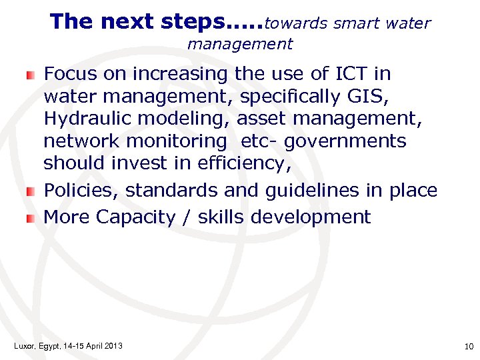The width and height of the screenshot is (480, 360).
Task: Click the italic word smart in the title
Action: point(357,23)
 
